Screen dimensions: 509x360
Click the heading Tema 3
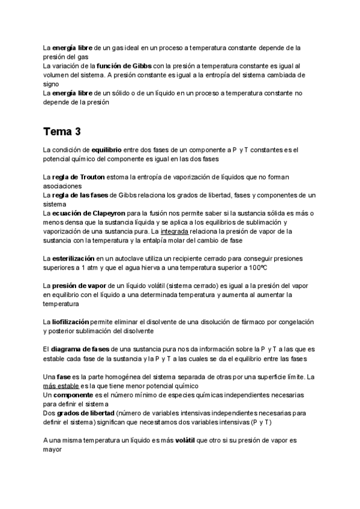(62, 131)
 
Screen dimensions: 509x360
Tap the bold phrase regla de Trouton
(78, 177)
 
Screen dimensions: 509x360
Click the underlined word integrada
(175, 231)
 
